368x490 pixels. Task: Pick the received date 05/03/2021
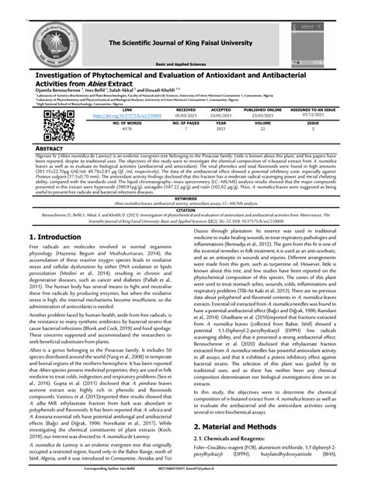coord(184,116)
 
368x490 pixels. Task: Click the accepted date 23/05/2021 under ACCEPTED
coord(221,116)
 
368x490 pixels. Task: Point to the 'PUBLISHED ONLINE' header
coord(264,110)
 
